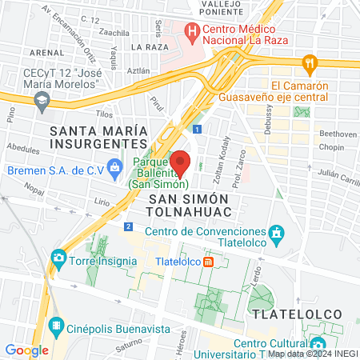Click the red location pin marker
(181, 162)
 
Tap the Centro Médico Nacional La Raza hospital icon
(191, 33)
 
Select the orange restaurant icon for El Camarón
(310, 62)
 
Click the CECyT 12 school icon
(42, 100)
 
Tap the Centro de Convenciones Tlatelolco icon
(278, 234)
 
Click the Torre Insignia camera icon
(58, 258)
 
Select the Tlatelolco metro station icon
(208, 262)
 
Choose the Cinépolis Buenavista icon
(57, 325)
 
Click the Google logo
(26, 350)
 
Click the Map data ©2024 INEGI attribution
(312, 354)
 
